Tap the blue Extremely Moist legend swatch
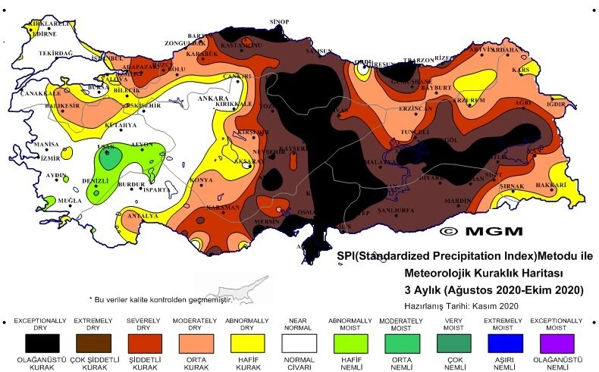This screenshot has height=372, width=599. pyautogui.click(x=505, y=342)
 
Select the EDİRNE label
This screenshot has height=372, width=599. pyautogui.click(x=43, y=33)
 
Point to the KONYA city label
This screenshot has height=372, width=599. pyautogui.click(x=201, y=180)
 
